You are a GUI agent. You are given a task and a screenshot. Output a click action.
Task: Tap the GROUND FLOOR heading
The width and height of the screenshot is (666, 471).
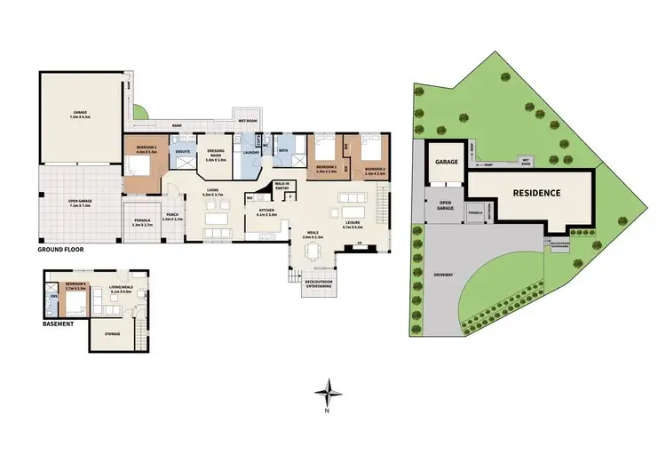coord(62,251)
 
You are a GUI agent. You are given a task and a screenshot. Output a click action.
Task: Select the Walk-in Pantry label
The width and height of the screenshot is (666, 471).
coord(283,186)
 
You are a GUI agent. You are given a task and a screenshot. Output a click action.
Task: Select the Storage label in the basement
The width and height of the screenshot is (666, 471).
coord(112,333)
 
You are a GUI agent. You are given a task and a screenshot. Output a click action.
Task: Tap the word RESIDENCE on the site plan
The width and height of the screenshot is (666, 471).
coord(535,192)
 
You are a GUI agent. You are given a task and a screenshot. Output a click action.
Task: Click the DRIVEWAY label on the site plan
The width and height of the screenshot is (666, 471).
coord(442,275)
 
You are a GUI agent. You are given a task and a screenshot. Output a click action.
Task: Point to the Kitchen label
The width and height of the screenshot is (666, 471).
coord(267,211)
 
